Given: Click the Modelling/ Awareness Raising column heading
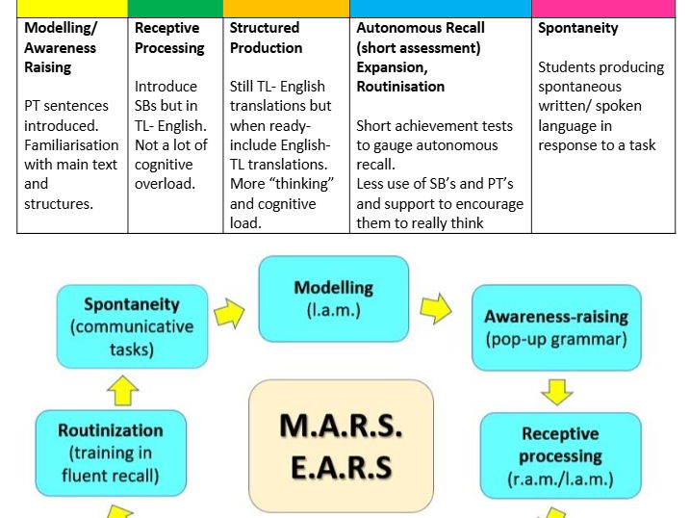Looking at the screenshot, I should [x=60, y=47].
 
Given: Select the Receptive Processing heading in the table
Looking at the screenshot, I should [x=169, y=38].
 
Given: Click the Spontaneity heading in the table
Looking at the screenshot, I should [x=578, y=28].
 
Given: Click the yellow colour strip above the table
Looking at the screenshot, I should [x=73, y=8].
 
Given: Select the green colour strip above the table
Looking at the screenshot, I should [x=175, y=8].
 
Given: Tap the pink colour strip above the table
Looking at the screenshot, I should [x=603, y=8].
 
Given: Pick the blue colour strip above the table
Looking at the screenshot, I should [x=441, y=8].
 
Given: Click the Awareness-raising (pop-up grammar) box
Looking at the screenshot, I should [x=555, y=326].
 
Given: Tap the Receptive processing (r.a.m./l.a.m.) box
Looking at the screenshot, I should [x=560, y=455].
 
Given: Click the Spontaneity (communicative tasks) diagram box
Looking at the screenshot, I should [x=132, y=325].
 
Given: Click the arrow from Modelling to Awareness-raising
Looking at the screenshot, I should [x=435, y=308].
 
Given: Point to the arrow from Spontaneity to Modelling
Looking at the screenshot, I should [x=230, y=311].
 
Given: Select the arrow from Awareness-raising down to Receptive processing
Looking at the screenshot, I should [x=557, y=391].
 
